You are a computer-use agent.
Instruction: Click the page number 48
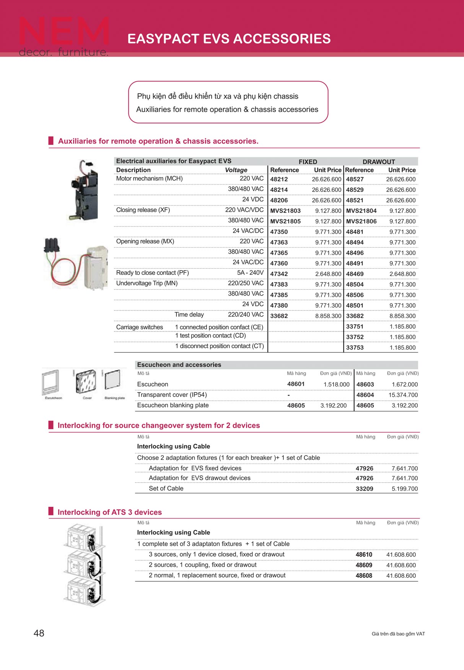tap(39, 633)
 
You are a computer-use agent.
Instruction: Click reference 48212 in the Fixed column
tap(279, 179)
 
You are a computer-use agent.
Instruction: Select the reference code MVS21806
tap(361, 221)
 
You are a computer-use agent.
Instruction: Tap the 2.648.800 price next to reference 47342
tap(328, 274)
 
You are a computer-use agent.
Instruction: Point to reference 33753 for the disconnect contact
tap(355, 347)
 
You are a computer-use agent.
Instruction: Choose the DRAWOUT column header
tap(379, 162)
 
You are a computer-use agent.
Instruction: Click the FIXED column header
tap(308, 162)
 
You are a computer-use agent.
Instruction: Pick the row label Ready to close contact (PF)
tap(152, 273)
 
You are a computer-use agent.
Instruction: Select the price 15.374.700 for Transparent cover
tap(403, 395)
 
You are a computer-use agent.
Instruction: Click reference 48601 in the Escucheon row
tap(296, 384)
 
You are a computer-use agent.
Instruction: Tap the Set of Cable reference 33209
tap(364, 489)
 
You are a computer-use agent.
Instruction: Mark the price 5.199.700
tap(404, 489)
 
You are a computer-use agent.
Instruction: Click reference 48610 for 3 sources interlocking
tap(364, 555)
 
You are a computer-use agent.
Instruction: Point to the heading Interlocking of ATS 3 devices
tap(109, 512)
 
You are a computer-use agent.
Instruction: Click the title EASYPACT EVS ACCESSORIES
tap(229, 39)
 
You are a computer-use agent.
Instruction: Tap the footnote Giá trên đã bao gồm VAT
tap(398, 634)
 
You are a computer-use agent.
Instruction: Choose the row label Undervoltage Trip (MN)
tap(147, 283)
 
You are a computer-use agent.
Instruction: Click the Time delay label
tap(189, 315)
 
